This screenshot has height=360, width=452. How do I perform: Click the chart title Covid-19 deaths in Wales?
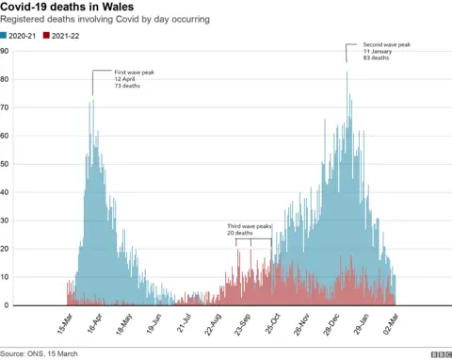tap(67, 7)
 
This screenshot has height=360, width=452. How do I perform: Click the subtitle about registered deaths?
tap(105, 20)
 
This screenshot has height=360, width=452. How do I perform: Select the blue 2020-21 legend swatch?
tap(5, 35)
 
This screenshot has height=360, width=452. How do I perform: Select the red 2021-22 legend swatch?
tap(48, 35)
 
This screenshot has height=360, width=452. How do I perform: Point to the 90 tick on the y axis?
tap(6, 51)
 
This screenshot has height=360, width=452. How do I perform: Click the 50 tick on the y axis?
tap(6, 164)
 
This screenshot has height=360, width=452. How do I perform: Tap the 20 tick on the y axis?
tap(6, 249)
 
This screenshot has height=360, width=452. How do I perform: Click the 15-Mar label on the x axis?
tap(64, 325)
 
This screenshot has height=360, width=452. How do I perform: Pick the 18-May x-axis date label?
tap(123, 325)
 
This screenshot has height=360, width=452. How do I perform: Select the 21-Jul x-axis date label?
tap(183, 325)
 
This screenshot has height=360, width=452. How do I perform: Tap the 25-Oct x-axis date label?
tap(271, 325)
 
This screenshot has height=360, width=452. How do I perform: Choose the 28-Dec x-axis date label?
tap(331, 325)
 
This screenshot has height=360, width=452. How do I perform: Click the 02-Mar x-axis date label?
tap(390, 325)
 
